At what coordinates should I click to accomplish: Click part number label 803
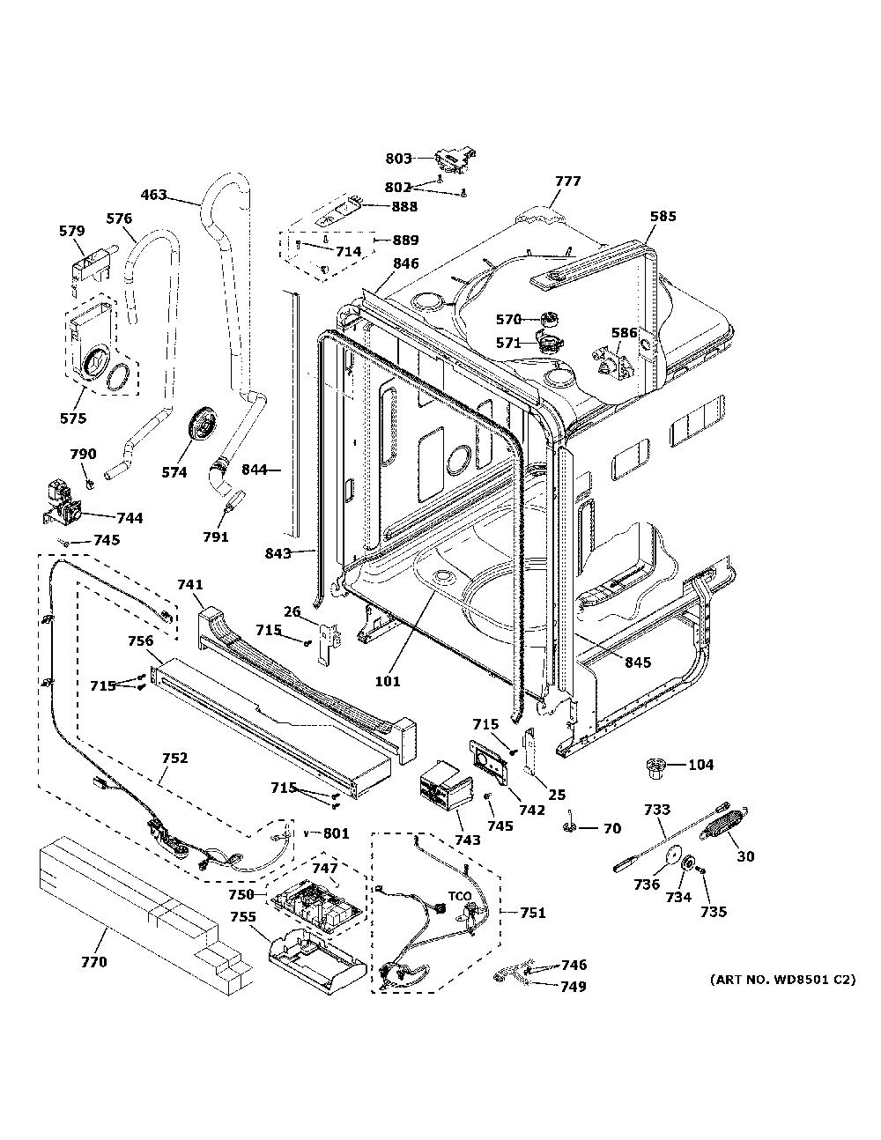(399, 158)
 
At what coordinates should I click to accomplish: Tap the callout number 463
(153, 195)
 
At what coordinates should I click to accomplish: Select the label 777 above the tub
(568, 181)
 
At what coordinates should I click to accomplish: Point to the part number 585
(663, 216)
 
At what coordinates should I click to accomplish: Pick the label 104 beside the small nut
(700, 765)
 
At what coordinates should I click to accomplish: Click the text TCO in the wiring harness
(459, 896)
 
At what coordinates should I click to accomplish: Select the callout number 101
(388, 681)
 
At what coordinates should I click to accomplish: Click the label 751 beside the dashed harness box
(533, 913)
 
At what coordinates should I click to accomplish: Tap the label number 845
(638, 663)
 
